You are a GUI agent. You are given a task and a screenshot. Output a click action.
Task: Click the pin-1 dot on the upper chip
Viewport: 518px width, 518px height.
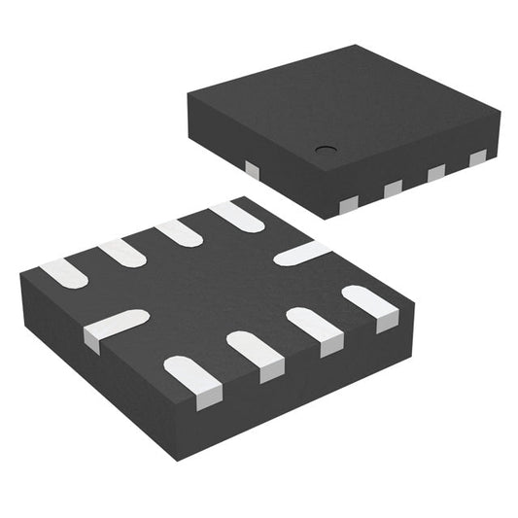[x=324, y=151]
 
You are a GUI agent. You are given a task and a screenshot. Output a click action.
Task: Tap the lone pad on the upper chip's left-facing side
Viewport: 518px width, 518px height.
[x=253, y=170]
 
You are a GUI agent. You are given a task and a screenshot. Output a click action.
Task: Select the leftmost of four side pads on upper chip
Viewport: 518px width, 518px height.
[x=349, y=204]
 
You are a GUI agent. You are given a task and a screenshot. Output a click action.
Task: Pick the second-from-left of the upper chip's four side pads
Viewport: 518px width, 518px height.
[x=393, y=189]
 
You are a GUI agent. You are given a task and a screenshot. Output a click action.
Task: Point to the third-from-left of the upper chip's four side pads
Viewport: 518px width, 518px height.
[x=435, y=173]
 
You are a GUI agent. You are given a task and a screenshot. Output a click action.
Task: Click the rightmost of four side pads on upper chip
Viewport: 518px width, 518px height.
[x=477, y=158]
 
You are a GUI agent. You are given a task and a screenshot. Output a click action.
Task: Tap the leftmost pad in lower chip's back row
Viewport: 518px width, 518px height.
[x=64, y=273]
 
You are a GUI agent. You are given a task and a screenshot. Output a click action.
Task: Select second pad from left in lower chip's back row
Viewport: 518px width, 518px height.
[x=121, y=253]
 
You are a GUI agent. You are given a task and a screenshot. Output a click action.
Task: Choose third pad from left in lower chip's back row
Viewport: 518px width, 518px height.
[x=179, y=232]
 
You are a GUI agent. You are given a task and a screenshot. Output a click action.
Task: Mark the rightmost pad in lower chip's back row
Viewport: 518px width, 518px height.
[x=236, y=216]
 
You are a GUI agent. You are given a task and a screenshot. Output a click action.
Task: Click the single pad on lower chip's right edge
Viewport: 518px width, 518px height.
[x=301, y=254]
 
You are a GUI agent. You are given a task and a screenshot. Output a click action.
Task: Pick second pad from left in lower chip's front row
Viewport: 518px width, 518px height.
[x=256, y=355]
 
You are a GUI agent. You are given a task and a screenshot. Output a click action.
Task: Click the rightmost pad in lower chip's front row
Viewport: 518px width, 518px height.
[x=372, y=306]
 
